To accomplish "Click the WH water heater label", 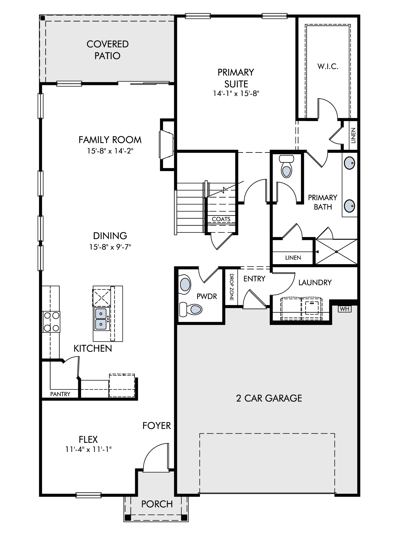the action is click(x=345, y=309).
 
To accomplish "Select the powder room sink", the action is click(x=185, y=284).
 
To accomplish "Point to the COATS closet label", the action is click(x=221, y=219).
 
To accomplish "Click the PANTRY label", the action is click(x=60, y=394).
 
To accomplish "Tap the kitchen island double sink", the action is click(x=101, y=319).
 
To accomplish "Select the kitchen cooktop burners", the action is click(x=51, y=321).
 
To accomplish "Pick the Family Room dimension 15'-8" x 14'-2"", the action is click(x=110, y=151).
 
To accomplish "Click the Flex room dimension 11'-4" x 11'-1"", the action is click(x=88, y=449).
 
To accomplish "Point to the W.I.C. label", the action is click(x=328, y=66).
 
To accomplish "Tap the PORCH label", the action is click(x=157, y=504).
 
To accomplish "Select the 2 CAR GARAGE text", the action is click(x=269, y=398).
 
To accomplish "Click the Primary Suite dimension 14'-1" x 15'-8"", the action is click(x=236, y=93).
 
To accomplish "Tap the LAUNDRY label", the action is click(x=315, y=282).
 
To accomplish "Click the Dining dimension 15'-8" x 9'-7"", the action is click(x=110, y=247).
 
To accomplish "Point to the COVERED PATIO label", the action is click(x=107, y=50).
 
